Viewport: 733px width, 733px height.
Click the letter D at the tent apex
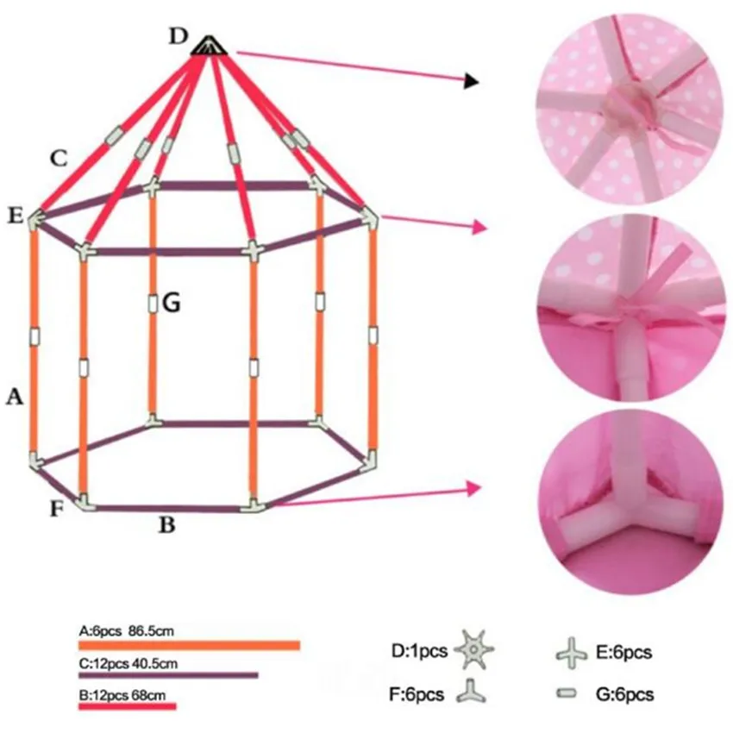[178, 35]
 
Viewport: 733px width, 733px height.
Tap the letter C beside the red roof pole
[58, 158]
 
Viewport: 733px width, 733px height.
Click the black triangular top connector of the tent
[208, 47]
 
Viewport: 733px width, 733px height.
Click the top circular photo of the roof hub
[630, 105]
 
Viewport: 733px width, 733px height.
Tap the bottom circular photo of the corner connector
[630, 504]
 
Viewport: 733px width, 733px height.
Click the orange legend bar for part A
[189, 645]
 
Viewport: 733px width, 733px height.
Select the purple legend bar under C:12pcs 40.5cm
[168, 675]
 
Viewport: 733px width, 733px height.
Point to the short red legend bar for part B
[127, 706]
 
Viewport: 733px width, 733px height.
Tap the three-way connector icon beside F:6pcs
[471, 692]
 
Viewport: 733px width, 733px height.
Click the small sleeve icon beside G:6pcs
[567, 692]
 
